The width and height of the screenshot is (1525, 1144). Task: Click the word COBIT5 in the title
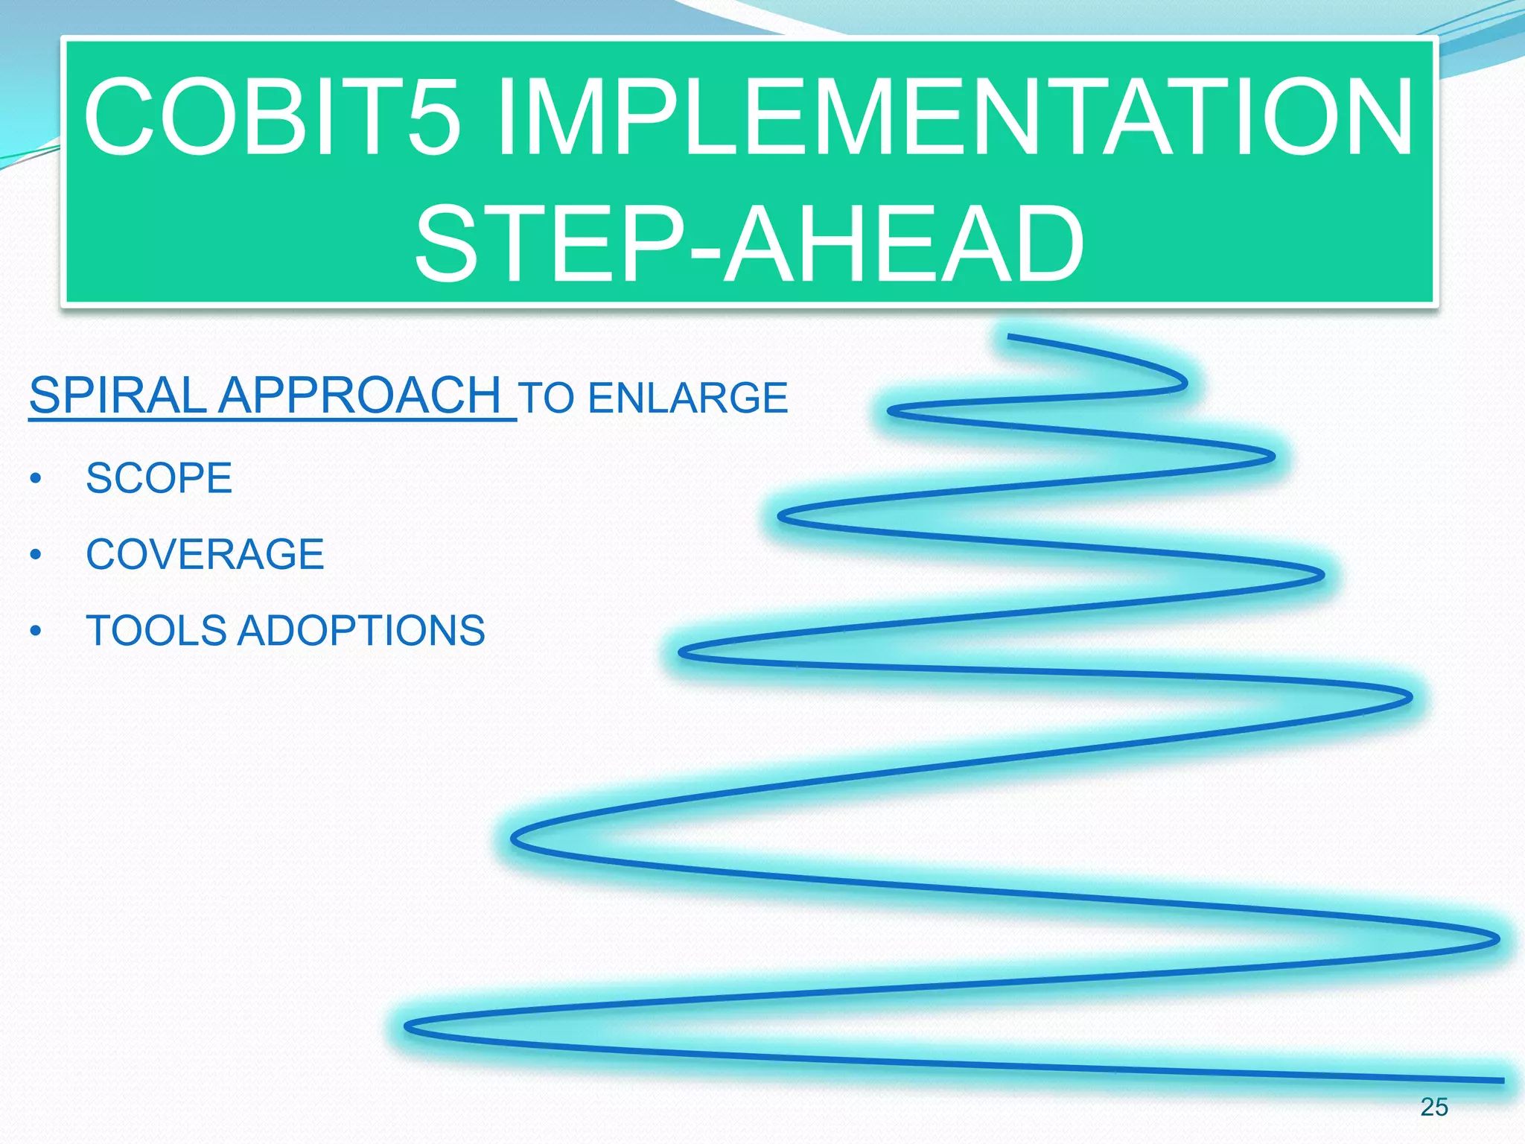pyautogui.click(x=272, y=118)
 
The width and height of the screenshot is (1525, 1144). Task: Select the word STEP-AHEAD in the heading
pyautogui.click(x=749, y=244)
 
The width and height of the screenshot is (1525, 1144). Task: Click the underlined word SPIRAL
pyautogui.click(x=118, y=395)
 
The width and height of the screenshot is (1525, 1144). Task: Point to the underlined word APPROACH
pyautogui.click(x=360, y=395)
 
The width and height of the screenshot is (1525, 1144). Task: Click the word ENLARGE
pyautogui.click(x=687, y=398)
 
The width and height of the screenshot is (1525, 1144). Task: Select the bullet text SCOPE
pyautogui.click(x=159, y=478)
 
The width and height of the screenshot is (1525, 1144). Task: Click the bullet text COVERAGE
pyautogui.click(x=205, y=554)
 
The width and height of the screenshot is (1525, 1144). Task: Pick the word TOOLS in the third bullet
pyautogui.click(x=156, y=631)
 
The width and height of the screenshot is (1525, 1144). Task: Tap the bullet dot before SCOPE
pyautogui.click(x=36, y=479)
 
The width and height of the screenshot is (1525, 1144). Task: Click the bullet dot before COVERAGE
pyautogui.click(x=36, y=556)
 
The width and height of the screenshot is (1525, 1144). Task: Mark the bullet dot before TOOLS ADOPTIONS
pyautogui.click(x=36, y=632)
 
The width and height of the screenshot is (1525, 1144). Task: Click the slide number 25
pyautogui.click(x=1433, y=1108)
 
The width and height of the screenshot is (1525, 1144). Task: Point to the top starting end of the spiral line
pyautogui.click(x=1010, y=337)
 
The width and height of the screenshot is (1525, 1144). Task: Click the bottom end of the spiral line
pyautogui.click(x=1501, y=1080)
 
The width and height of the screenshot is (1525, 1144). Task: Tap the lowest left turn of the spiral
pyautogui.click(x=408, y=1028)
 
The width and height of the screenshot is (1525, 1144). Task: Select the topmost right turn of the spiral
pyautogui.click(x=1184, y=383)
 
